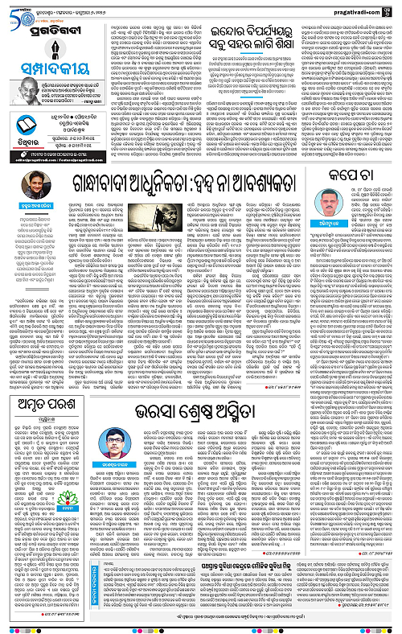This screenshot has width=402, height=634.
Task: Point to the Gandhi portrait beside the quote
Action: (27, 72)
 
